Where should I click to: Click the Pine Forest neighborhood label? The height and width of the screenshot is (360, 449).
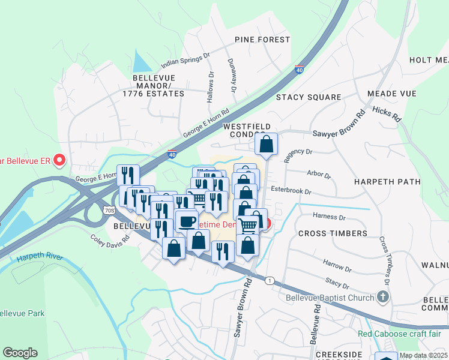coord(262,40)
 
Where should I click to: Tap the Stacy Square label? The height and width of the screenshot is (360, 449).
coord(309,97)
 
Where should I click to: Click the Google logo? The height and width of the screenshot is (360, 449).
coord(20,353)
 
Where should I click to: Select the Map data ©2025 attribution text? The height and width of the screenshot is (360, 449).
coord(423,355)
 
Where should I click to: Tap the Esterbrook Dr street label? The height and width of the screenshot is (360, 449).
coord(291,192)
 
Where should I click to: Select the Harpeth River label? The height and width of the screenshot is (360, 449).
coord(40,257)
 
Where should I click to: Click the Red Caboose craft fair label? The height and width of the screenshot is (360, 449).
coord(399,334)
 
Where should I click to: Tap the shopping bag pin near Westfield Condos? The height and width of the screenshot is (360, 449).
coord(266,144)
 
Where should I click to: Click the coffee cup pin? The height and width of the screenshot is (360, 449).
coord(186,220)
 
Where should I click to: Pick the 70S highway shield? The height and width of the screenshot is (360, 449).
coord(109,211)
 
